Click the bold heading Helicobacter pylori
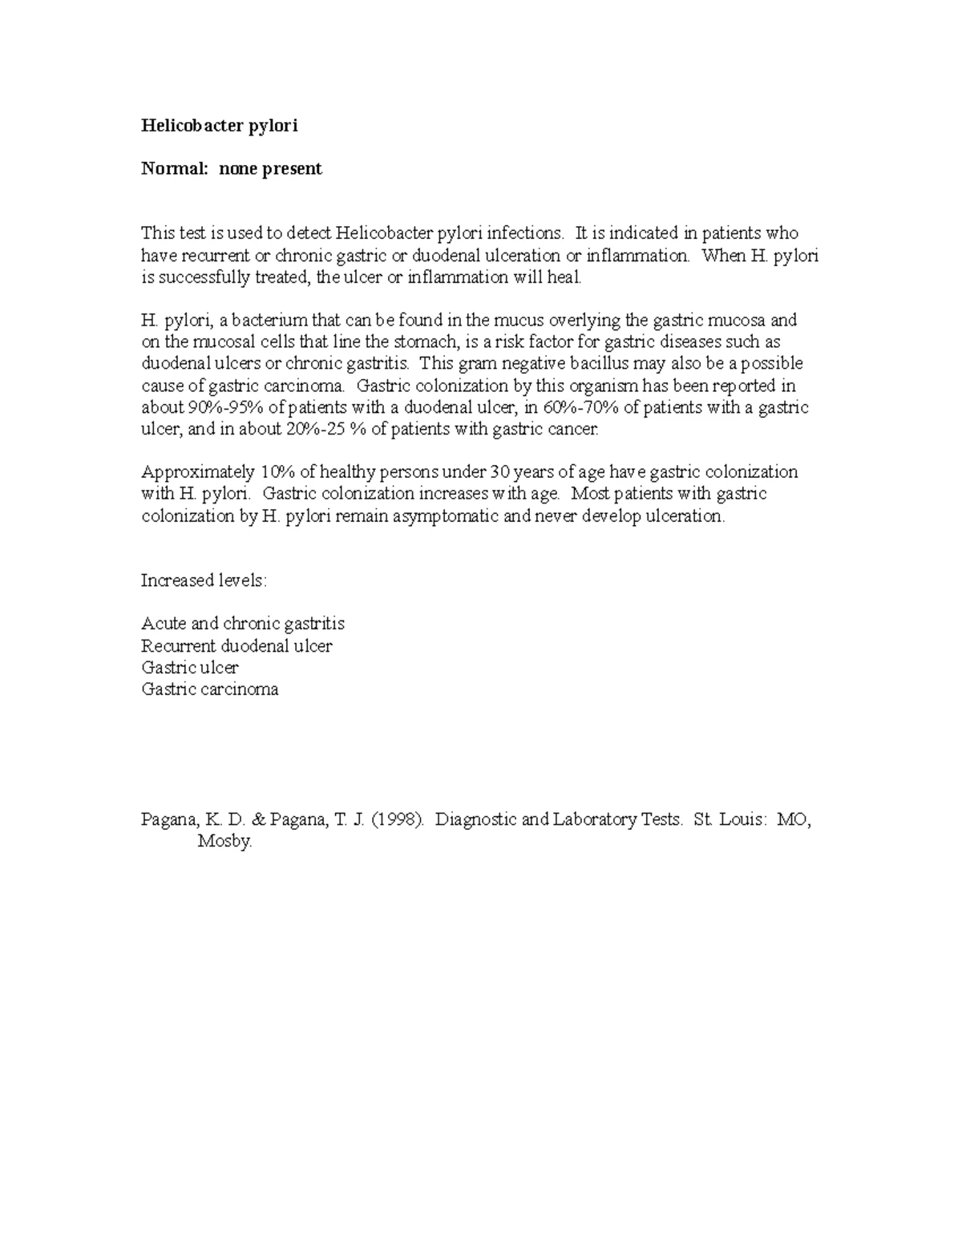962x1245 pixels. tap(219, 126)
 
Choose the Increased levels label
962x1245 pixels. tap(204, 580)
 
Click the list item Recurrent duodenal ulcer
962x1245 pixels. tap(236, 646)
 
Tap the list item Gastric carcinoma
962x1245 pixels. tap(210, 689)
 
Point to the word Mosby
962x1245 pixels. tap(224, 842)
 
